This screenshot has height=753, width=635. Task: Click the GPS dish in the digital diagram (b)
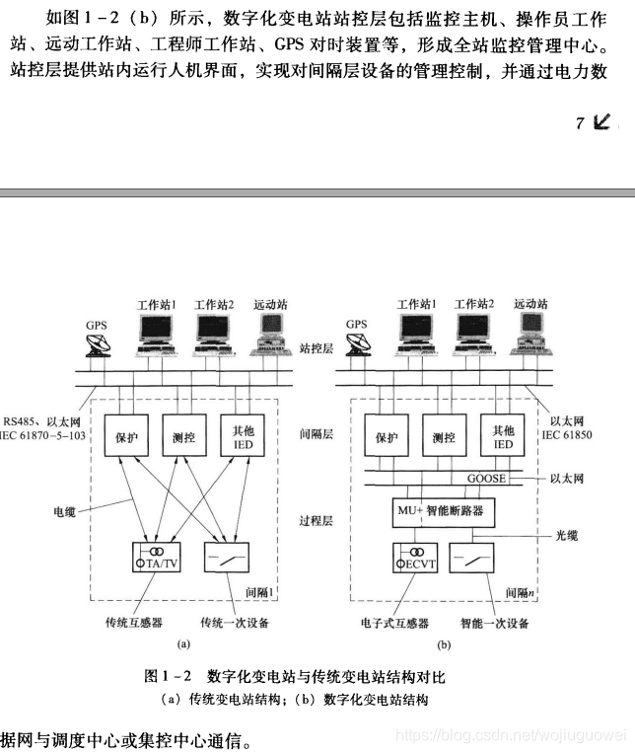[x=357, y=344]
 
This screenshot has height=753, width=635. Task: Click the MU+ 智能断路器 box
[x=444, y=512]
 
